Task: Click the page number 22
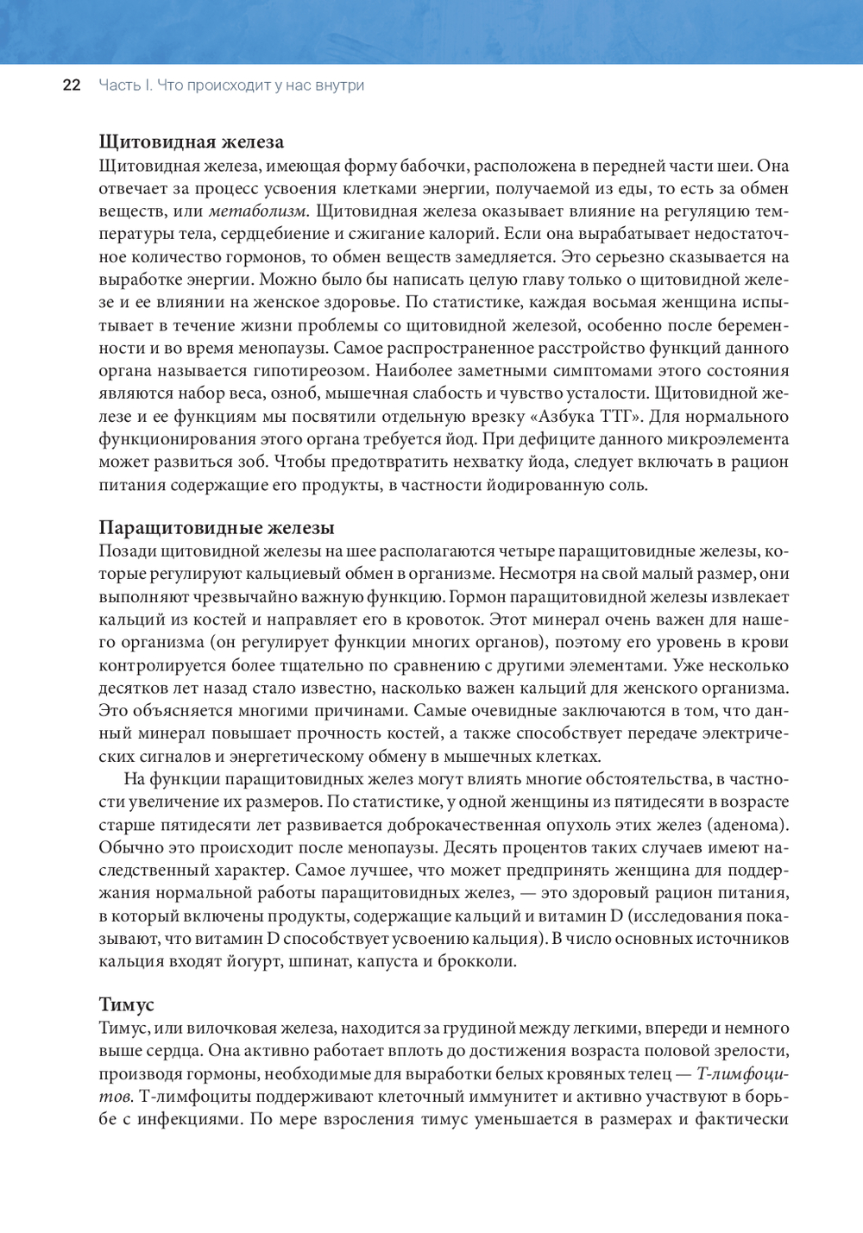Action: (x=72, y=85)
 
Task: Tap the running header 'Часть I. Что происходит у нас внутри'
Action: (x=231, y=85)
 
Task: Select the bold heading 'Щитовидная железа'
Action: (x=192, y=142)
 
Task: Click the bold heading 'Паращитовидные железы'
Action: (x=217, y=527)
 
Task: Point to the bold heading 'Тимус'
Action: (x=127, y=1004)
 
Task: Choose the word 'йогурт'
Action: (x=250, y=960)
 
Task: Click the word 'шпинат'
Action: (x=314, y=960)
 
